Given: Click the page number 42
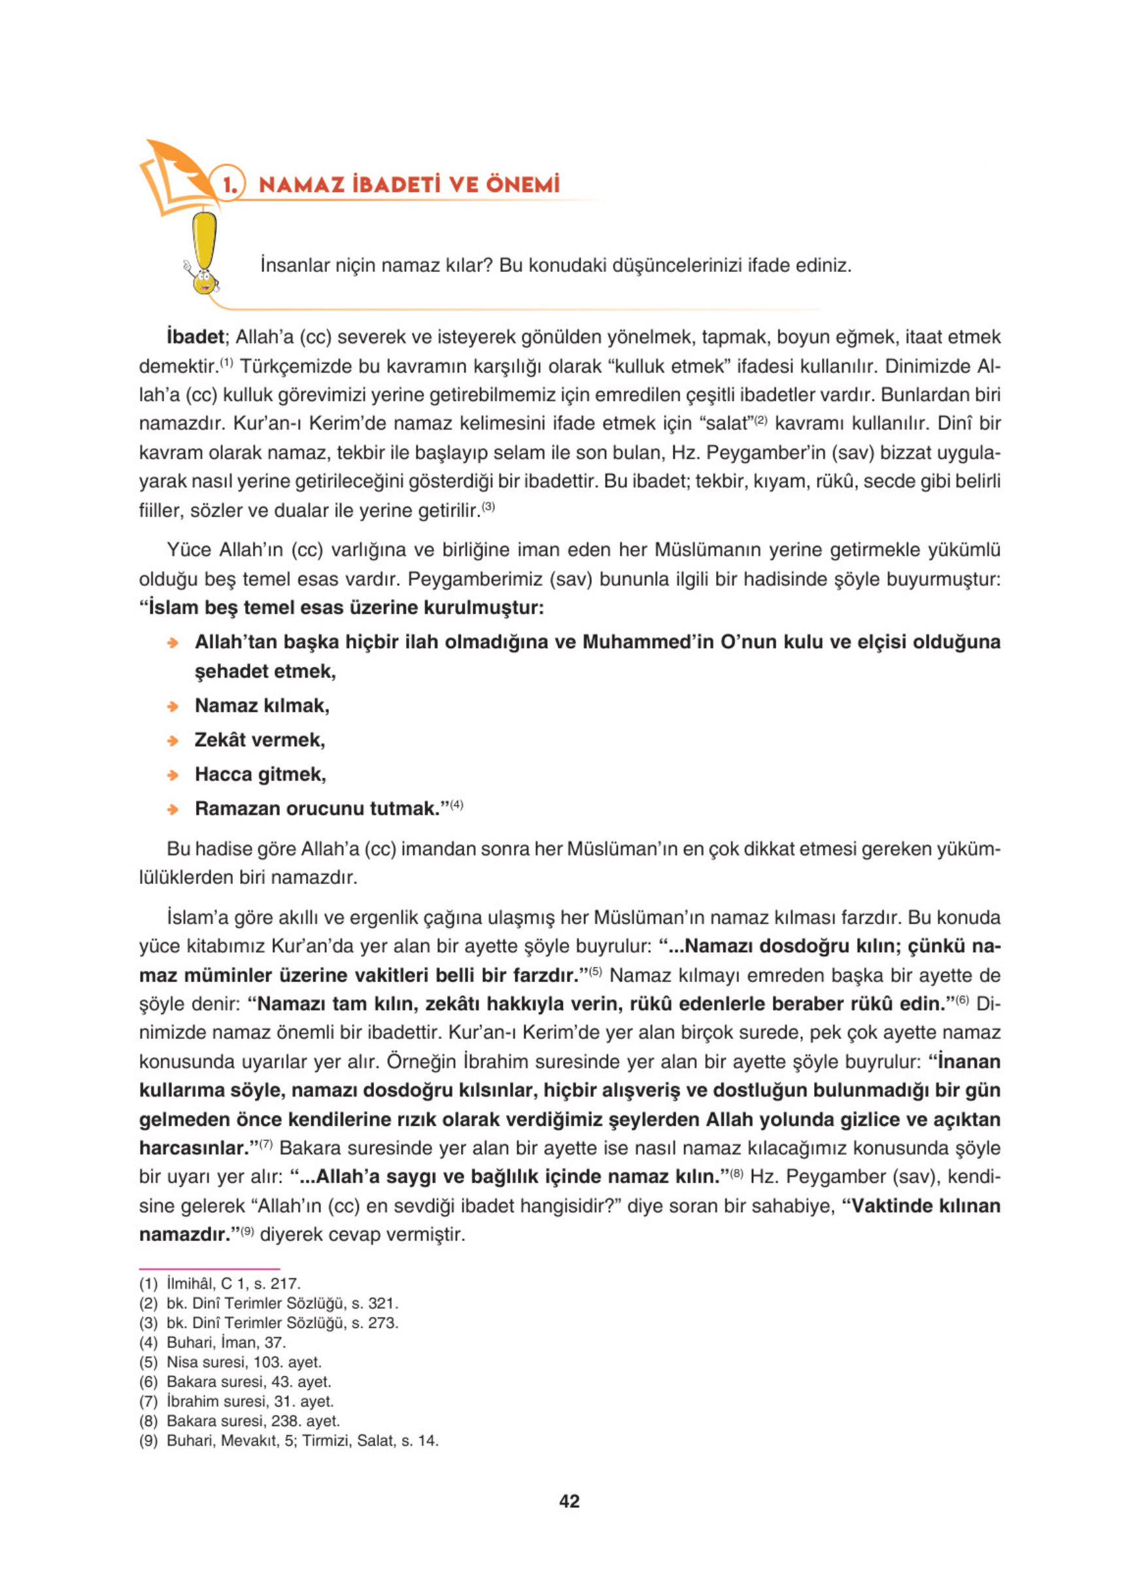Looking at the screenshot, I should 570,1501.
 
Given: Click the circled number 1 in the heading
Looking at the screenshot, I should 229,184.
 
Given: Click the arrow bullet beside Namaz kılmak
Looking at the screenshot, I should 173,707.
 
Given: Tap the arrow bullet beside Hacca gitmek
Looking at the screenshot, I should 173,775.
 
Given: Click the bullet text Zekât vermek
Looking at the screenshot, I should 260,740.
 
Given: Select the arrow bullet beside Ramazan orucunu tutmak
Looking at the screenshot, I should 173,810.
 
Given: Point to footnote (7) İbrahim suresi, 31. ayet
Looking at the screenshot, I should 236,1401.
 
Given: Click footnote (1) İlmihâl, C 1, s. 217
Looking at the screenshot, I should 220,1284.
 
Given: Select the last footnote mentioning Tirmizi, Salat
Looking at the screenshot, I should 288,1440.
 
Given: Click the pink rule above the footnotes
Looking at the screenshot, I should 209,1269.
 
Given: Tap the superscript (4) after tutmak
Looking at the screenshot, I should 456,805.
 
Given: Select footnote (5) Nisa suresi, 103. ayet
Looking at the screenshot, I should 230,1362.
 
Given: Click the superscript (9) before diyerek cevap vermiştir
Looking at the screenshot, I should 247,1231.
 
